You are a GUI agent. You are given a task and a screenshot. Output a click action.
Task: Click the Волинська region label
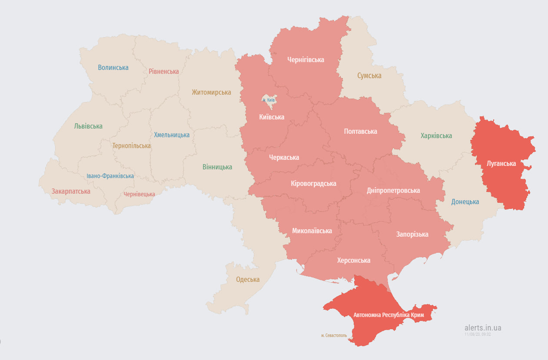coord(113,68)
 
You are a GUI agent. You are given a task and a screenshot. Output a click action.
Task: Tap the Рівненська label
coord(163,72)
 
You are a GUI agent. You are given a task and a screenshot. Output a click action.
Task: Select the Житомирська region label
coord(211,92)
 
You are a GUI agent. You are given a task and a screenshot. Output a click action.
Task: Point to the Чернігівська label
coord(306,60)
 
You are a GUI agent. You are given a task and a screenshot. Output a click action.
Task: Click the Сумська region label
coord(369,76)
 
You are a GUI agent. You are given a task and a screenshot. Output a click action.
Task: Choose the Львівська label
coord(88,126)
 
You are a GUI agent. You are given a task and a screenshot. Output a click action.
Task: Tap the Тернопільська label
coord(131,146)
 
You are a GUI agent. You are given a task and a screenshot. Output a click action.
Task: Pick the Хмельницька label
coord(172,135)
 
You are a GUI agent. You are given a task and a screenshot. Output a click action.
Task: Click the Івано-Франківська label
coord(110,176)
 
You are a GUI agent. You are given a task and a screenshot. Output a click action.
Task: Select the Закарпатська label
coord(71,192)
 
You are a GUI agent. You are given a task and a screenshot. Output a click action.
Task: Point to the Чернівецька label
coord(139,194)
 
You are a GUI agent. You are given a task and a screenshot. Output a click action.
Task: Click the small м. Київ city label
coord(269,100)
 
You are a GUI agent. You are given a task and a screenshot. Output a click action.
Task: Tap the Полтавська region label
coord(360,131)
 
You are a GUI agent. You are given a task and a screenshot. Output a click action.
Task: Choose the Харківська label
coord(436,136)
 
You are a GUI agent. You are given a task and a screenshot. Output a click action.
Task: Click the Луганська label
coord(501,164)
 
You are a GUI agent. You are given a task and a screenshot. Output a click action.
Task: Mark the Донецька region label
coord(465,202)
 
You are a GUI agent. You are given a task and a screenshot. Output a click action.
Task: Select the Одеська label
coord(248,280)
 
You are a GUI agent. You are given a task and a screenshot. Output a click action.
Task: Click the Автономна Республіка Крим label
coord(389,314)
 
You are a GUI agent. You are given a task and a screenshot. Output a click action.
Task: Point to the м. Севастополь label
coord(334,335)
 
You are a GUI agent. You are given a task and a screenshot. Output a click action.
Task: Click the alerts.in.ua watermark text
coord(482,328)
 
